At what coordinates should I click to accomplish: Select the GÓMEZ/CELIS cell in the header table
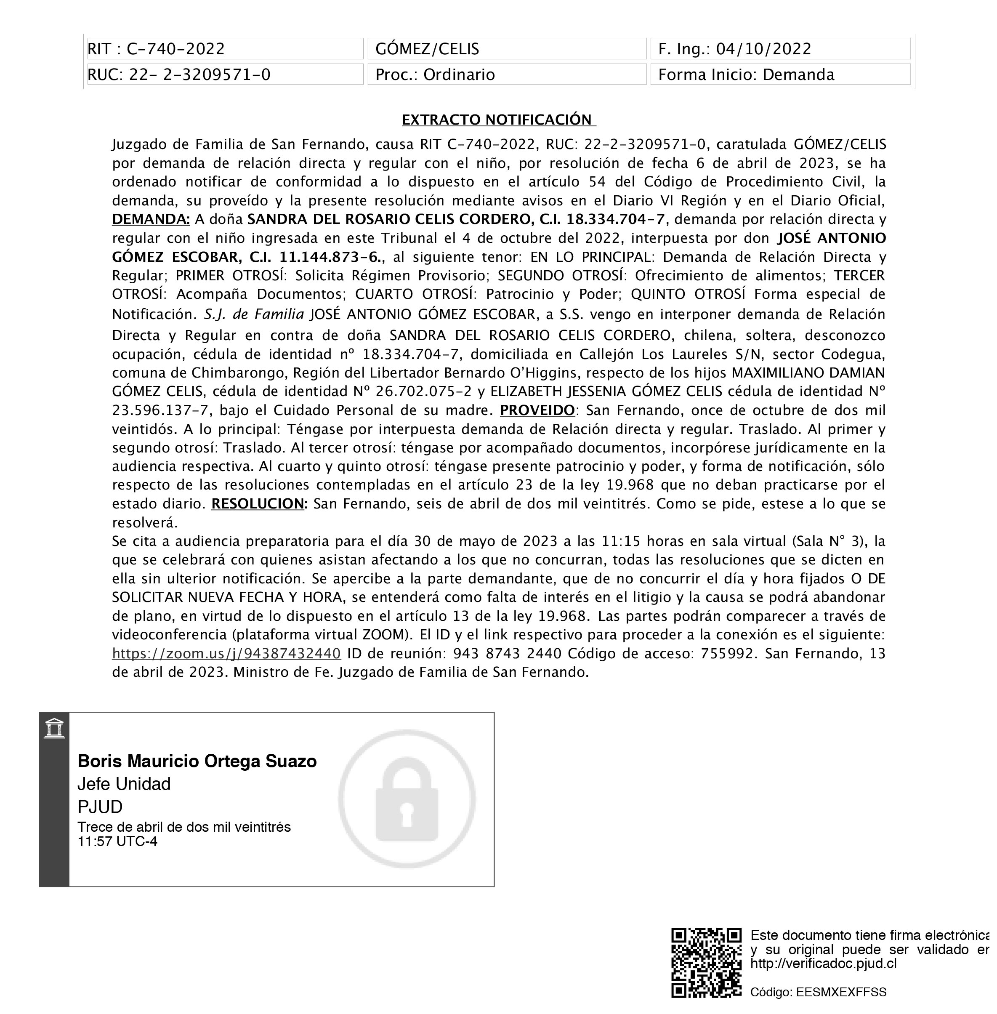[x=506, y=49]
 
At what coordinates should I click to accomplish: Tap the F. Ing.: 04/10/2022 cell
[x=780, y=49]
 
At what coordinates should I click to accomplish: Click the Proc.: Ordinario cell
[x=506, y=75]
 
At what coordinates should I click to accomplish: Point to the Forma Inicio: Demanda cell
[x=780, y=75]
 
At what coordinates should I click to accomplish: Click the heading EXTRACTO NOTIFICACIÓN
[x=498, y=120]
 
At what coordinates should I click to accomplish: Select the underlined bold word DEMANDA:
[x=151, y=219]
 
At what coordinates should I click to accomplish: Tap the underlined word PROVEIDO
[x=537, y=410]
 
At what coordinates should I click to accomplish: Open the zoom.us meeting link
[x=226, y=654]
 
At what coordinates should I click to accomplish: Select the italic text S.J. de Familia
[x=253, y=314]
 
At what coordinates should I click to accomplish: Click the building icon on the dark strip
[x=54, y=729]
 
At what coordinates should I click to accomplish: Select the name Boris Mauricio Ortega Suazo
[x=197, y=761]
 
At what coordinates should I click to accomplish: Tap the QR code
[x=706, y=963]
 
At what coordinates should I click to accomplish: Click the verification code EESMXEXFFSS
[x=841, y=992]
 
